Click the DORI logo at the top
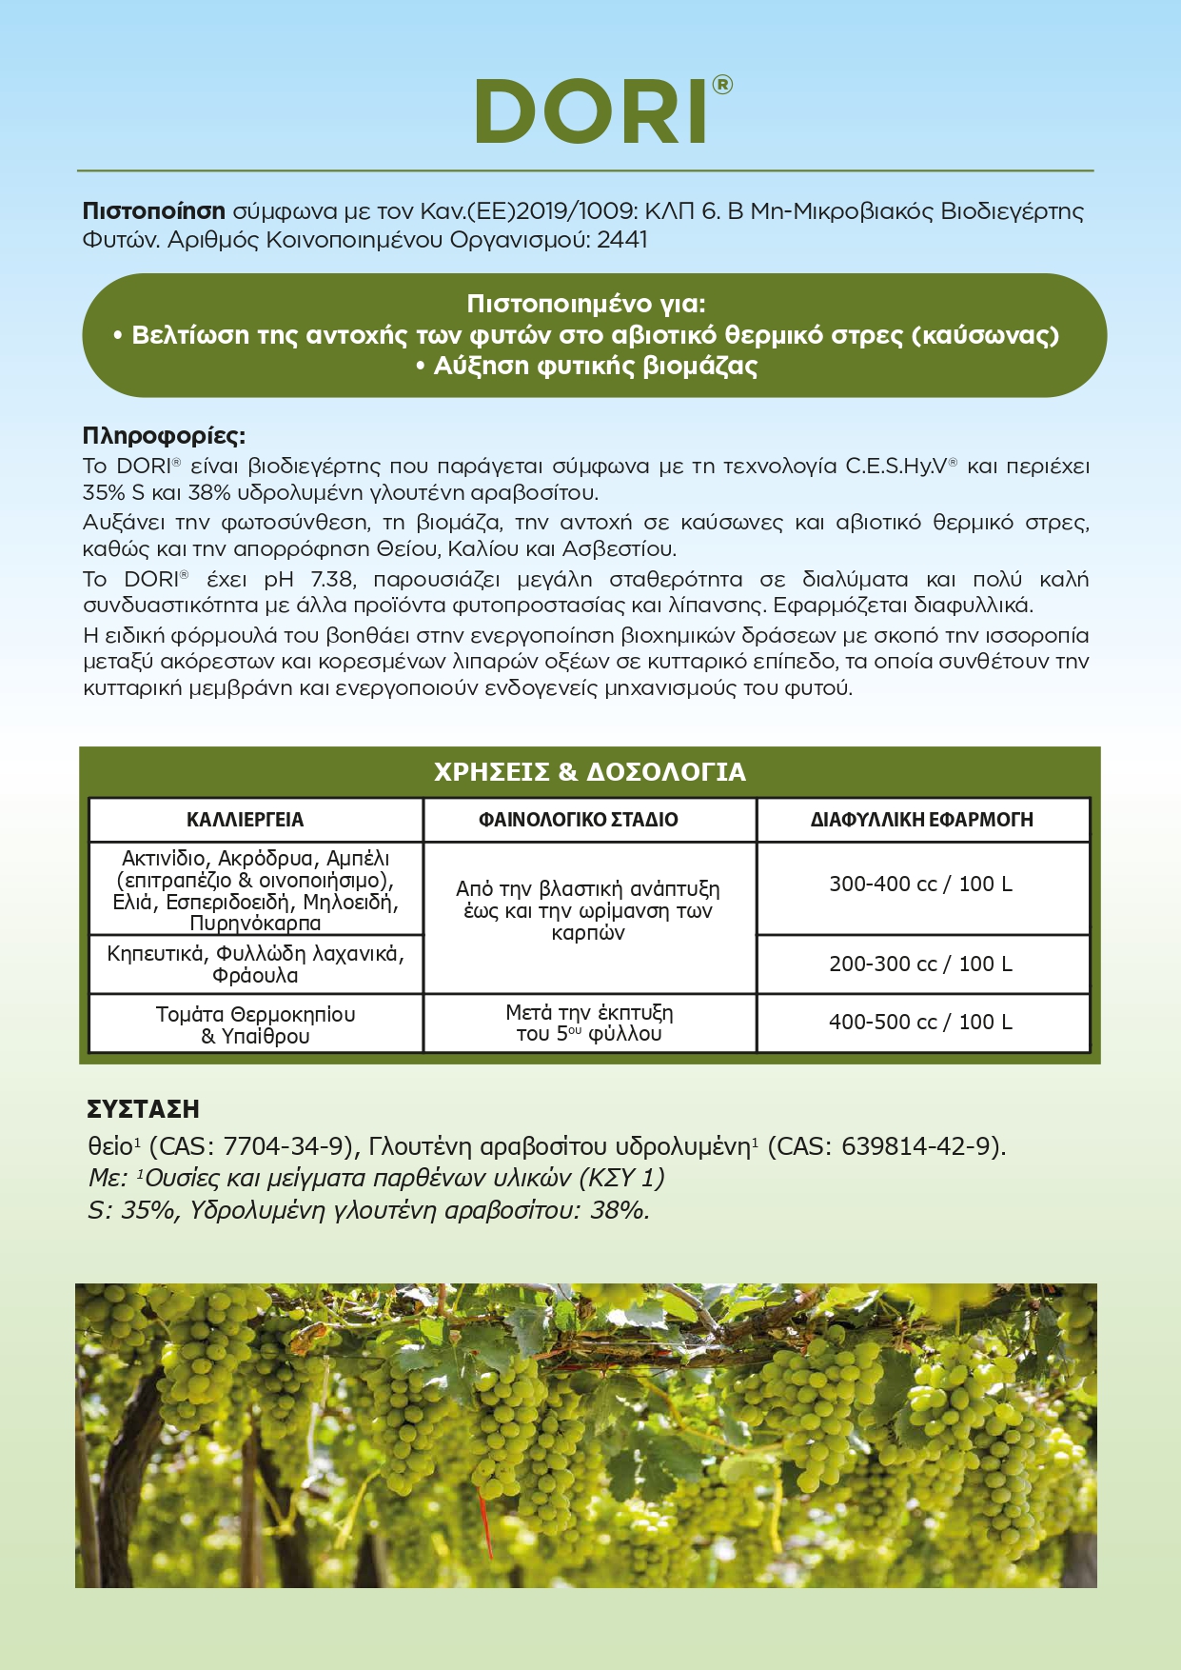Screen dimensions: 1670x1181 pyautogui.click(x=592, y=111)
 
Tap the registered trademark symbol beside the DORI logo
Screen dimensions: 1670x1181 pyautogui.click(x=722, y=85)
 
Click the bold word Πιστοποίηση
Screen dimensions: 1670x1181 pyautogui.click(x=154, y=211)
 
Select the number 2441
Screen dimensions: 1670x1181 pyautogui.click(x=622, y=240)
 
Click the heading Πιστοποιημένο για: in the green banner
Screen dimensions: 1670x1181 pyautogui.click(x=586, y=304)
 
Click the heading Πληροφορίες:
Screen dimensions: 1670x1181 pyautogui.click(x=164, y=436)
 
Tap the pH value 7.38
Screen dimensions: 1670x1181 pyautogui.click(x=333, y=580)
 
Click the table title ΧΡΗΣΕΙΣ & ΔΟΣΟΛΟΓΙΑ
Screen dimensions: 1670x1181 pyautogui.click(x=590, y=772)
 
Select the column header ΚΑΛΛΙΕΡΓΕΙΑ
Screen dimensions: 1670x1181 pyautogui.click(x=246, y=820)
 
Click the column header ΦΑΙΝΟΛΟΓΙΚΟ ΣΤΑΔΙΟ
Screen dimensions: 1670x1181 pyautogui.click(x=579, y=820)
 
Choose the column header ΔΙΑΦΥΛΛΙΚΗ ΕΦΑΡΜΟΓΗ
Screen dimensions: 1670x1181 pyautogui.click(x=921, y=820)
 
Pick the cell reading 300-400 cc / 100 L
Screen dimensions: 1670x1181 pyautogui.click(x=920, y=885)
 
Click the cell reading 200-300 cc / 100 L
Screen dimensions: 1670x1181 pyautogui.click(x=920, y=964)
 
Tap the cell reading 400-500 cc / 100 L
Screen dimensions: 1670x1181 pyautogui.click(x=920, y=1023)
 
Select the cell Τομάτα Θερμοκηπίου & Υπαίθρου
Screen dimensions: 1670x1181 pyautogui.click(x=255, y=1024)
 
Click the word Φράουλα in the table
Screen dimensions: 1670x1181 pyautogui.click(x=255, y=976)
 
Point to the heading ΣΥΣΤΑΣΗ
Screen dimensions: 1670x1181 pyautogui.click(x=143, y=1109)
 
